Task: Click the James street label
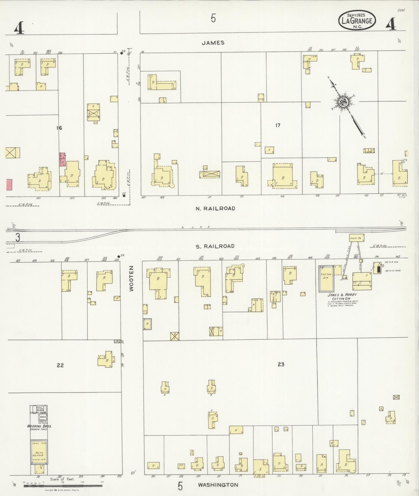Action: pos(213,43)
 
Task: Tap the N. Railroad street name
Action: pos(215,208)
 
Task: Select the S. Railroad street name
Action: pos(215,246)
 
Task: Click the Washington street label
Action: pos(218,485)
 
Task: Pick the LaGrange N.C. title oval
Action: pos(357,20)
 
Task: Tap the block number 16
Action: pos(59,128)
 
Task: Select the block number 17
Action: pos(278,125)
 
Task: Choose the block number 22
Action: pos(60,365)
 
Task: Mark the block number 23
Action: pos(281,364)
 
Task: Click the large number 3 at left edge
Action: pos(17,237)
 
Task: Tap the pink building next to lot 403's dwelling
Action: pos(63,159)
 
